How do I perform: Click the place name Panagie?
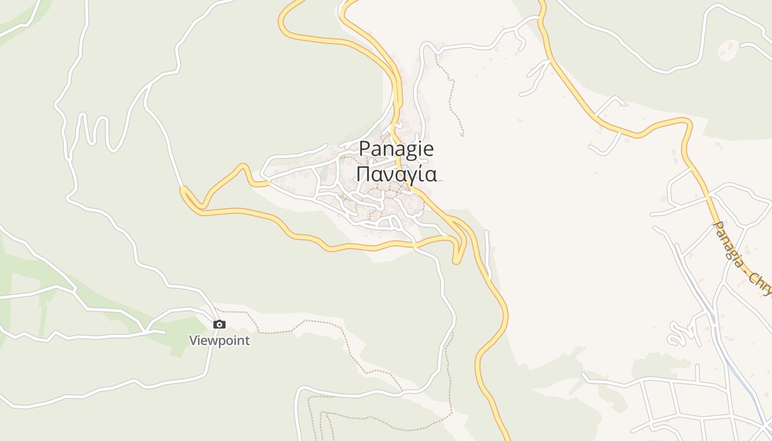(396, 149)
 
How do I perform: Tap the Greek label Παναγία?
(396, 174)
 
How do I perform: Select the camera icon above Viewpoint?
(219, 324)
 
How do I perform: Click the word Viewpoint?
(219, 341)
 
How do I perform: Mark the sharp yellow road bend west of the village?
(184, 191)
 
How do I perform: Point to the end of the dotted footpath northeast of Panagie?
(462, 135)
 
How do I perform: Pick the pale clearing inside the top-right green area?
(728, 50)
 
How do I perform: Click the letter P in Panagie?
(364, 149)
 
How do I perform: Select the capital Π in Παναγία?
(363, 174)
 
